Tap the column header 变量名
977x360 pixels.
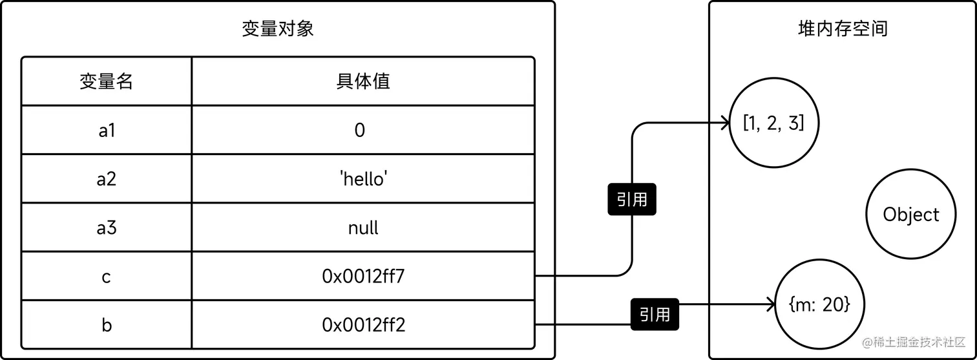106,81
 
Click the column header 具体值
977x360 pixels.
363,81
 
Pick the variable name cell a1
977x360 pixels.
106,131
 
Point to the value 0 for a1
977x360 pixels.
360,131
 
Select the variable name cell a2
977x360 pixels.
106,179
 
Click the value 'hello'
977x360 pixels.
363,179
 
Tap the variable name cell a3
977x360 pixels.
106,228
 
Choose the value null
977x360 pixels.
363,228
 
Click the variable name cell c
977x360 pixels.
106,277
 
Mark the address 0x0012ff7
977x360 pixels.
363,277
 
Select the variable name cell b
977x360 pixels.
106,325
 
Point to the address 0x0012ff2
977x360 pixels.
363,325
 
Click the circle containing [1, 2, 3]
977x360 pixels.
773,123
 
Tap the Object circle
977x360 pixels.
911,215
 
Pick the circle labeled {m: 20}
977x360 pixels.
819,304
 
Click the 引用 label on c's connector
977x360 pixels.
632,200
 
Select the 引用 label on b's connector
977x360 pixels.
655,315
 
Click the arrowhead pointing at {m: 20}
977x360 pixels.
770,304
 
